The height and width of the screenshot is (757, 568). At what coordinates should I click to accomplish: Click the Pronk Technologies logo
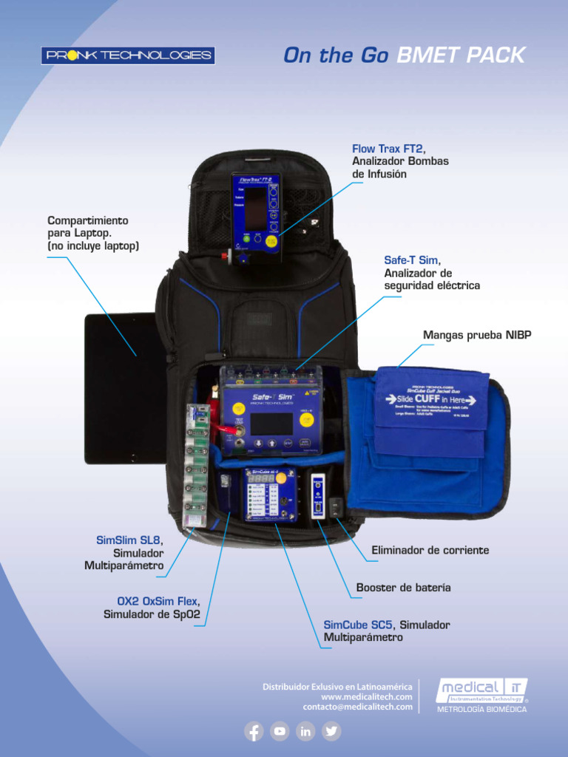127,55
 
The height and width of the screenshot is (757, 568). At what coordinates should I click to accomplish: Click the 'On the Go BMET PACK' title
404,55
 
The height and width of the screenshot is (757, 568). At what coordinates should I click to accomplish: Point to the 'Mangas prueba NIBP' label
477,336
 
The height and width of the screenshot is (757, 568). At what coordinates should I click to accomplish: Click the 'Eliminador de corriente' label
430,551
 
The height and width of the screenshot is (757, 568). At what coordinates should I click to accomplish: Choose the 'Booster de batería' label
403,588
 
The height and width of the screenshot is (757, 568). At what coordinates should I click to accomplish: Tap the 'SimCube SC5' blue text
358,625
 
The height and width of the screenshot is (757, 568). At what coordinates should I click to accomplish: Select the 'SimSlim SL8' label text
128,540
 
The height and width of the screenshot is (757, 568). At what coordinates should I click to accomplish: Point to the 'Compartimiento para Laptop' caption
93,233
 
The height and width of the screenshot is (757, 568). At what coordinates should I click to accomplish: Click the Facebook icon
254,731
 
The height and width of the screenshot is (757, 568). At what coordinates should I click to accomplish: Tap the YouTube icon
280,731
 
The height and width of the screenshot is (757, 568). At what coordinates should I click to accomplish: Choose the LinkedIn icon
305,731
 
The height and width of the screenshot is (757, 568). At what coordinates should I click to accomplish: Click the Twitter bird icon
331,731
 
